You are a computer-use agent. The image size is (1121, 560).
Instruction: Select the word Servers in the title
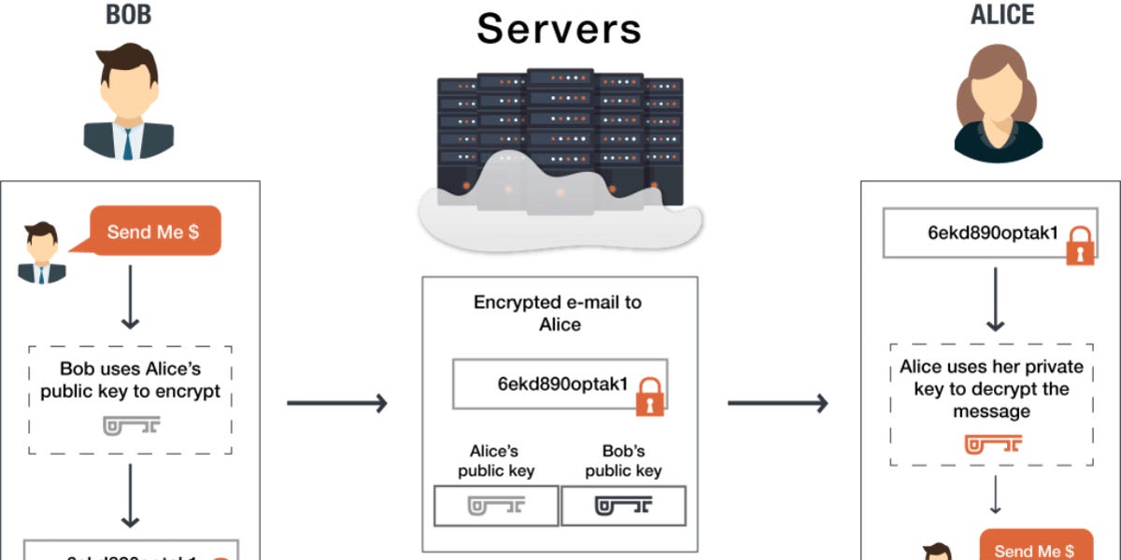point(559,29)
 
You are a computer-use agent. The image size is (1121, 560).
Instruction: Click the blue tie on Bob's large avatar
point(128,141)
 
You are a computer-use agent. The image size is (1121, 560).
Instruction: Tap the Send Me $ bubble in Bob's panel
point(153,231)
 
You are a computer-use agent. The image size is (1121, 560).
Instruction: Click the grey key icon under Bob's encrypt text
point(131,426)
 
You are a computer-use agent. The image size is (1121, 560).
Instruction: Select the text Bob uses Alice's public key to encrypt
point(131,381)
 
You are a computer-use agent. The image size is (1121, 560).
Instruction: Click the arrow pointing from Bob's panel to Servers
point(336,403)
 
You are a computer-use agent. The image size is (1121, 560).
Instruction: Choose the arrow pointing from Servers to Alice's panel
point(777,403)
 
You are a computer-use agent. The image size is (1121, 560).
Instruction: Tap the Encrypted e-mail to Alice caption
point(560,314)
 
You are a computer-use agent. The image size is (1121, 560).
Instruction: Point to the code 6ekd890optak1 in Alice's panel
point(992,233)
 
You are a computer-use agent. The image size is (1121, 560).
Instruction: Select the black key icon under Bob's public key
point(623,506)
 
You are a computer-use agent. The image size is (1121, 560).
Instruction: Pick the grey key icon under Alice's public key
point(496,506)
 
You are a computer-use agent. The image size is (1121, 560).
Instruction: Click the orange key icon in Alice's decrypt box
point(993,444)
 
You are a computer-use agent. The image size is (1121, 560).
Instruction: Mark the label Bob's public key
point(623,461)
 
